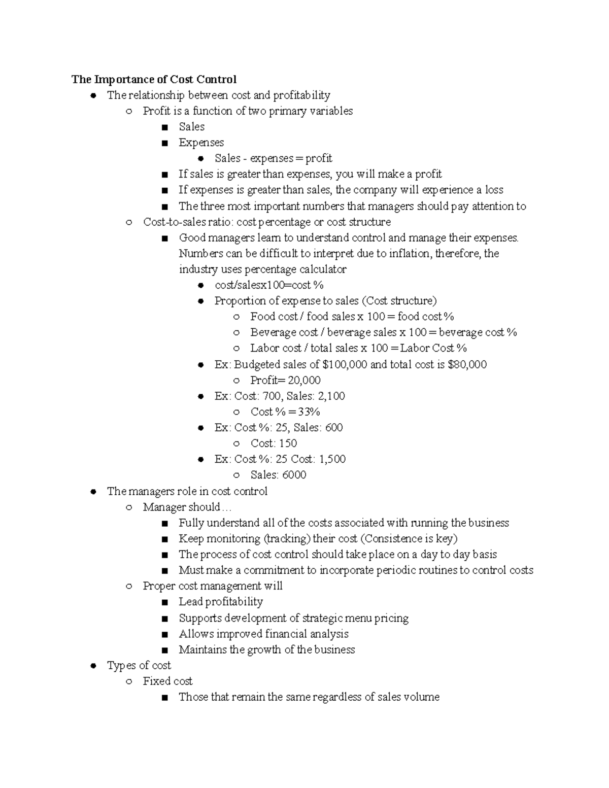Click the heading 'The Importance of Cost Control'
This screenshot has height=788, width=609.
(x=154, y=80)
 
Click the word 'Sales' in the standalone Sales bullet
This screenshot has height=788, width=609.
(x=191, y=127)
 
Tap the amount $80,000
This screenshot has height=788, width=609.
(x=467, y=364)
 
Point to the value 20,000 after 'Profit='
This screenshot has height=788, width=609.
(x=304, y=380)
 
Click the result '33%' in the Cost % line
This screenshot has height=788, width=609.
(x=309, y=412)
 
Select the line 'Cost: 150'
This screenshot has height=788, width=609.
(x=274, y=443)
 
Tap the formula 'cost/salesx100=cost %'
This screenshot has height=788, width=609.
(x=269, y=285)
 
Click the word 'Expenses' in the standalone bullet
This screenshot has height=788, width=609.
(x=201, y=143)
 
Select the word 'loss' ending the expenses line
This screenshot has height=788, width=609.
(x=494, y=190)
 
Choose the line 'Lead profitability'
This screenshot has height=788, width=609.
(x=220, y=602)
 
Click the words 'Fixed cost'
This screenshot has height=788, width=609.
(x=167, y=681)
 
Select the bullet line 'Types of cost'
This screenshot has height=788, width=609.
(x=139, y=665)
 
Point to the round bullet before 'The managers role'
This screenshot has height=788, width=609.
(x=93, y=492)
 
